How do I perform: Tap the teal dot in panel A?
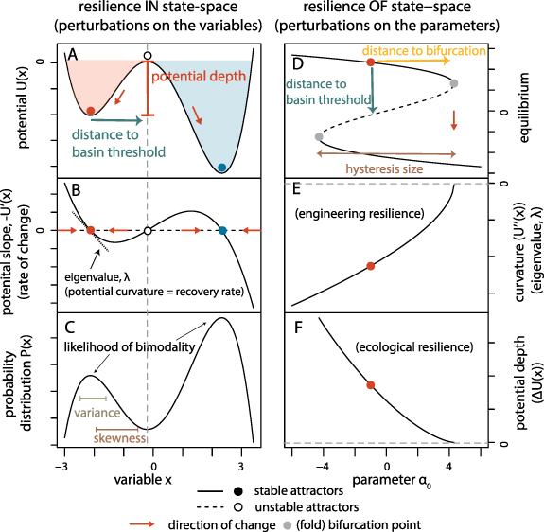click(x=221, y=168)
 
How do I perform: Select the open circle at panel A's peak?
click(x=146, y=56)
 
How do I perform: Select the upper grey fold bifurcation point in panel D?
click(x=454, y=83)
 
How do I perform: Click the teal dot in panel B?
click(x=221, y=230)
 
